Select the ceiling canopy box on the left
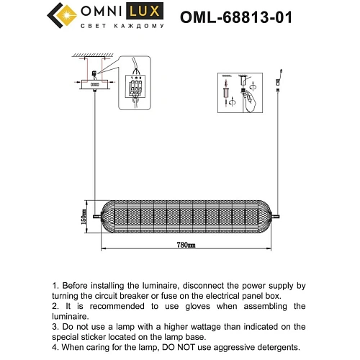coord(95,84)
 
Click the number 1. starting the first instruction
coord(57,286)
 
